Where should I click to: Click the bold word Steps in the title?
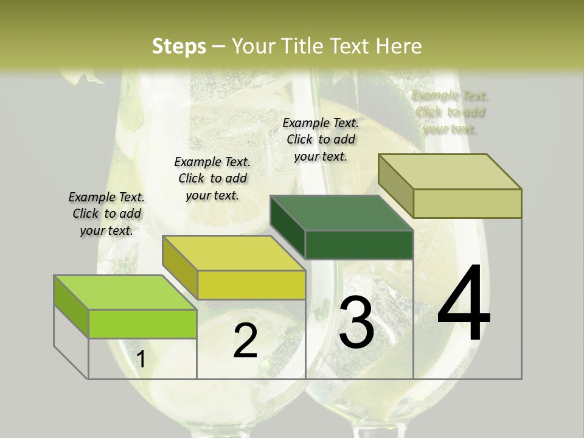point(179,46)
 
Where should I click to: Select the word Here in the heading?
point(399,46)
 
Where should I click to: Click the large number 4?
point(464,304)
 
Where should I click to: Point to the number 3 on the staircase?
point(356,322)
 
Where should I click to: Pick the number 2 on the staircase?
point(245,341)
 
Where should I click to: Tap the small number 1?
point(141,360)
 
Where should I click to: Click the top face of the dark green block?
point(341,213)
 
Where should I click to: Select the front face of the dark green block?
point(359,245)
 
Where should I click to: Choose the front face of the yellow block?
point(251,285)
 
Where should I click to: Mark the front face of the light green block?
point(142,324)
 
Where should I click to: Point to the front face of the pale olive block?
point(467,203)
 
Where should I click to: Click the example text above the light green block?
point(106,214)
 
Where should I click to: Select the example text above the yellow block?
point(212,178)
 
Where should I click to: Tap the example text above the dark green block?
point(321,139)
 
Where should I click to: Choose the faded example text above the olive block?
point(450,112)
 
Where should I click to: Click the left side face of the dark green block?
point(287,228)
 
